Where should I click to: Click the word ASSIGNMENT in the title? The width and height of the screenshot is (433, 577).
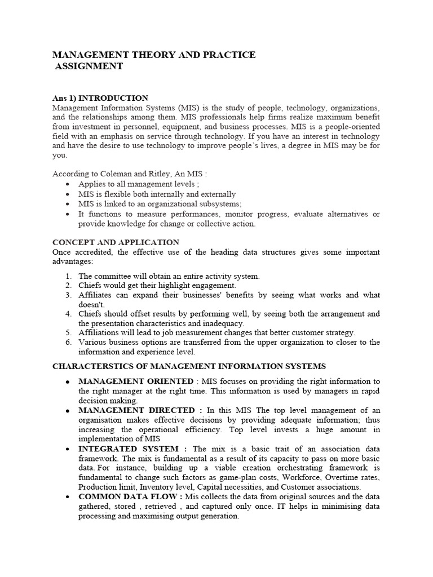[89, 66]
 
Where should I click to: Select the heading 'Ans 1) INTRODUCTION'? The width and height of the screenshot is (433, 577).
[100, 98]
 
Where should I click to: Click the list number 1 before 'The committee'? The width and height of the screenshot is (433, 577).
[68, 276]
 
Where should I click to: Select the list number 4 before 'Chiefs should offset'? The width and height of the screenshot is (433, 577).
[68, 314]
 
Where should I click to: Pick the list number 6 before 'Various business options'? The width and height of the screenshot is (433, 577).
[68, 343]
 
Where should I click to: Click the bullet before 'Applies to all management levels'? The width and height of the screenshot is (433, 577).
[68, 184]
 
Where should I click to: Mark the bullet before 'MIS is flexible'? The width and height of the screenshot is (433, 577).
[68, 194]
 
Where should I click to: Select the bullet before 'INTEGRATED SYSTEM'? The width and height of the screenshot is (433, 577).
[67, 449]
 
